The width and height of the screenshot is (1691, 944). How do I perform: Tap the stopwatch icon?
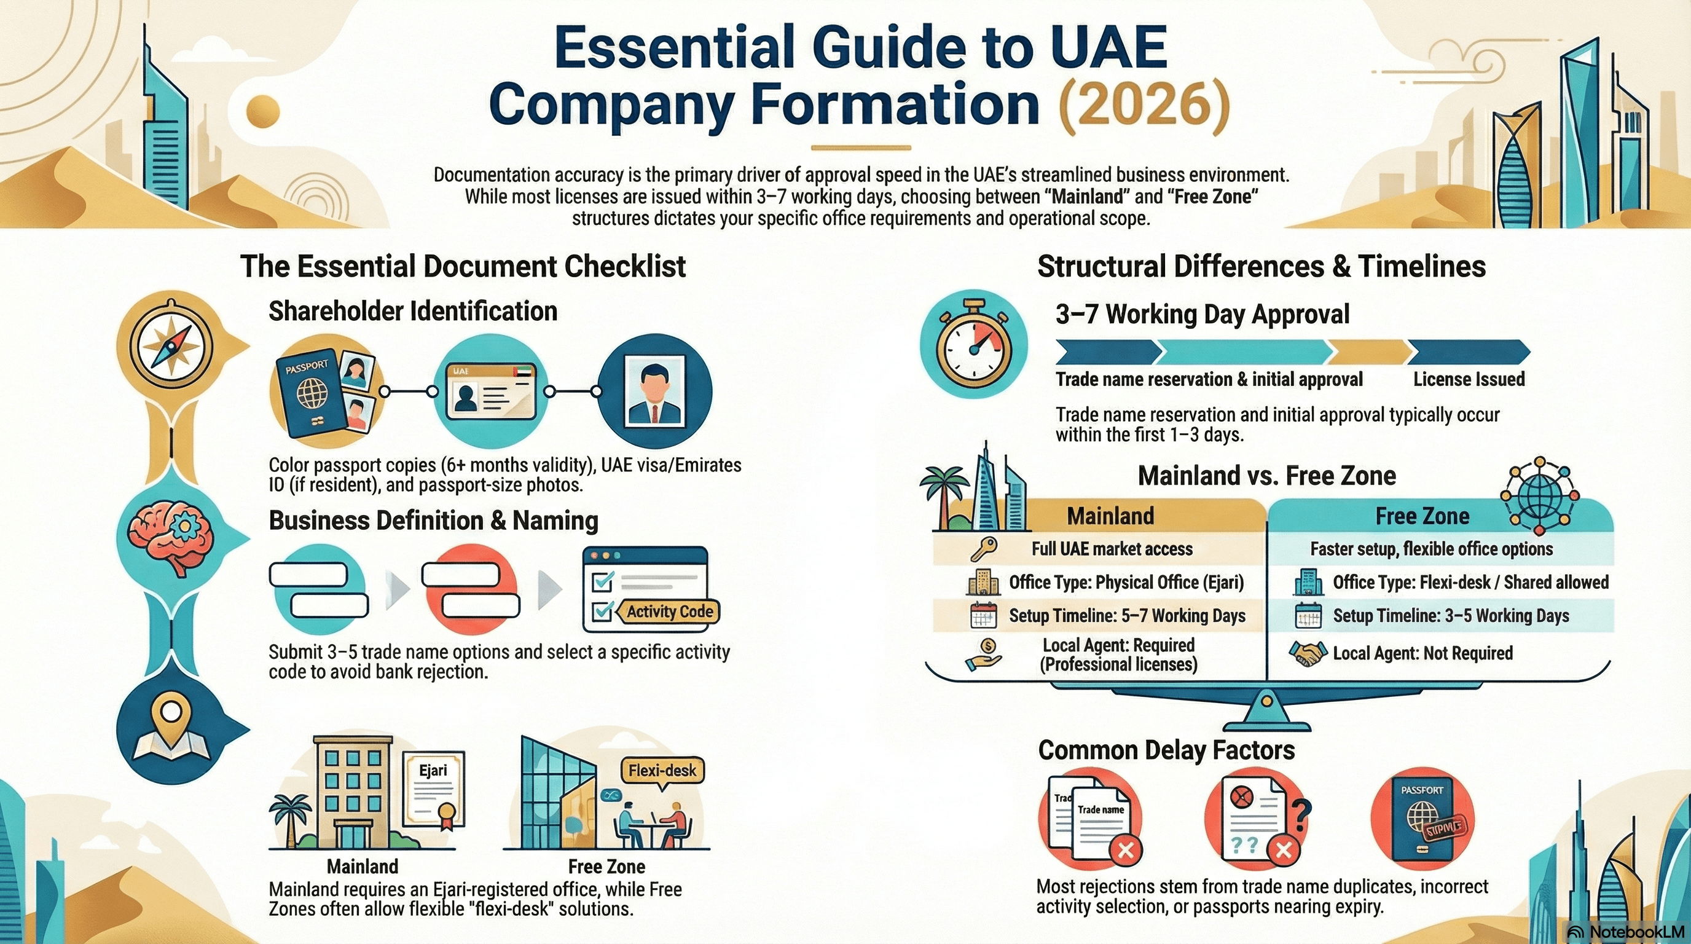pos(973,345)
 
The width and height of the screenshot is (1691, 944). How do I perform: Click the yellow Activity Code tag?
pos(669,611)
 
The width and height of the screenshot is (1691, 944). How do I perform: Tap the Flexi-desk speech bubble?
pos(662,770)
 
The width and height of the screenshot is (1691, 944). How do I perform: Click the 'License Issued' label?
pos(1469,379)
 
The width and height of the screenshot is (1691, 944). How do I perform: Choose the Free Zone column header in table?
pos(1422,516)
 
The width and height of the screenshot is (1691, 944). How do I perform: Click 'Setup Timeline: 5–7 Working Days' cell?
pos(1126,616)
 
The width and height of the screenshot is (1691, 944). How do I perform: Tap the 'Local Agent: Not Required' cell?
pos(1422,653)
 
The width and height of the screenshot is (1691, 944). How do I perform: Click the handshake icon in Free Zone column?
pos(1306,653)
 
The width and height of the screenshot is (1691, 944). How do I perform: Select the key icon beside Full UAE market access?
pos(983,548)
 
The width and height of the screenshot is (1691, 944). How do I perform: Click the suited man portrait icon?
pos(655,390)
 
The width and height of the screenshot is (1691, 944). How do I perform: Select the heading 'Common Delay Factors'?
pos(1166,750)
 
